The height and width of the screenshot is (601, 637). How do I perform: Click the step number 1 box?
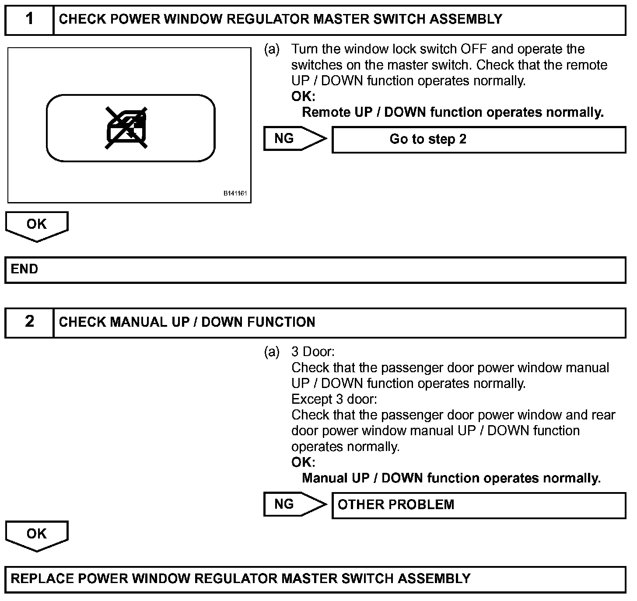[x=29, y=19]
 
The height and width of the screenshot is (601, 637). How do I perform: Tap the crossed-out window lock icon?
[x=126, y=128]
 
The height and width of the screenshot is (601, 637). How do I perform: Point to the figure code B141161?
[x=235, y=193]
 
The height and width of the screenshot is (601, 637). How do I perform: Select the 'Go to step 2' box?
[x=479, y=140]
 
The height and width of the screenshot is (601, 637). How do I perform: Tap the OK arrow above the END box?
[x=37, y=225]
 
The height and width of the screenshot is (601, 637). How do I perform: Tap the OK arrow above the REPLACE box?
[x=37, y=535]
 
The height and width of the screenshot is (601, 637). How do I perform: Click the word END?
[x=24, y=269]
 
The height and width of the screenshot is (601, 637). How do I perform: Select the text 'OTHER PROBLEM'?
[x=396, y=505]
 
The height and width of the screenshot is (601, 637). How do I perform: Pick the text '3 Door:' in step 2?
[x=312, y=352]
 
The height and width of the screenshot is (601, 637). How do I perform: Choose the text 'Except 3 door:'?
[x=334, y=399]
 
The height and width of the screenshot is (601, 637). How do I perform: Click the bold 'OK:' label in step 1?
[x=303, y=97]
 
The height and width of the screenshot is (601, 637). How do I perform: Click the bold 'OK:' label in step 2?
[x=303, y=462]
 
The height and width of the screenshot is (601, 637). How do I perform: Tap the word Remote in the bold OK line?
[x=326, y=112]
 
